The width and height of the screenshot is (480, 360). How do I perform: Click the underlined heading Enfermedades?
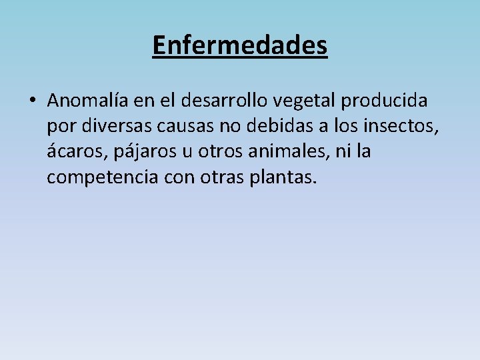point(240,45)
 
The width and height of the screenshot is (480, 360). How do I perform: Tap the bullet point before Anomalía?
point(32,101)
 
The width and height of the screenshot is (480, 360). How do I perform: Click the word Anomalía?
point(87,101)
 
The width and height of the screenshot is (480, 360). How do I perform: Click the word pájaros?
point(144,153)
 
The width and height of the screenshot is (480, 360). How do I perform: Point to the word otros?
point(220,152)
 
